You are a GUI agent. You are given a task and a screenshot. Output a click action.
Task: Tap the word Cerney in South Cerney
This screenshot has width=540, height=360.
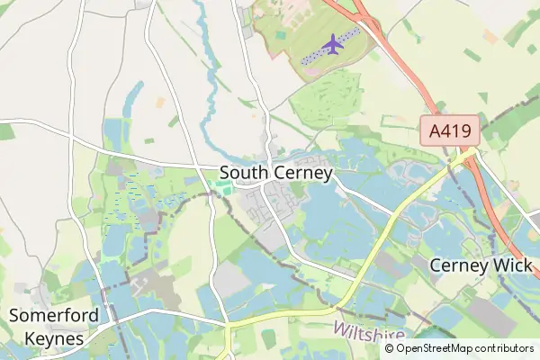[x=301, y=173]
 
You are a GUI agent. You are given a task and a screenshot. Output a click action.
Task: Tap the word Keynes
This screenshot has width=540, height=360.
[x=48, y=339]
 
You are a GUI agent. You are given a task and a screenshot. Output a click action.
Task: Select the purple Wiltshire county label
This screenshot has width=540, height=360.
[x=368, y=331]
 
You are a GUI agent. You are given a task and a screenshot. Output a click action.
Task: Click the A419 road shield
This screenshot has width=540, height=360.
[x=450, y=132]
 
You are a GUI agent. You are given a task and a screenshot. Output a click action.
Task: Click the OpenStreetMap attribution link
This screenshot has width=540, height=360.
[x=436, y=348]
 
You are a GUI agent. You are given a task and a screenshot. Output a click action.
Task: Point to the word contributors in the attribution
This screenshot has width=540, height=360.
[x=505, y=348]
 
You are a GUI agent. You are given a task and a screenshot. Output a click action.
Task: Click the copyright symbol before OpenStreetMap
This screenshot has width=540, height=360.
[x=390, y=348]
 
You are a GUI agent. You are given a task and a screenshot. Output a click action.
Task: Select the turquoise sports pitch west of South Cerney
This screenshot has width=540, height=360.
[x=220, y=187]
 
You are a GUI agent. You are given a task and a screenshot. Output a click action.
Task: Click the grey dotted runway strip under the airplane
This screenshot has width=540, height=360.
[x=310, y=56]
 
